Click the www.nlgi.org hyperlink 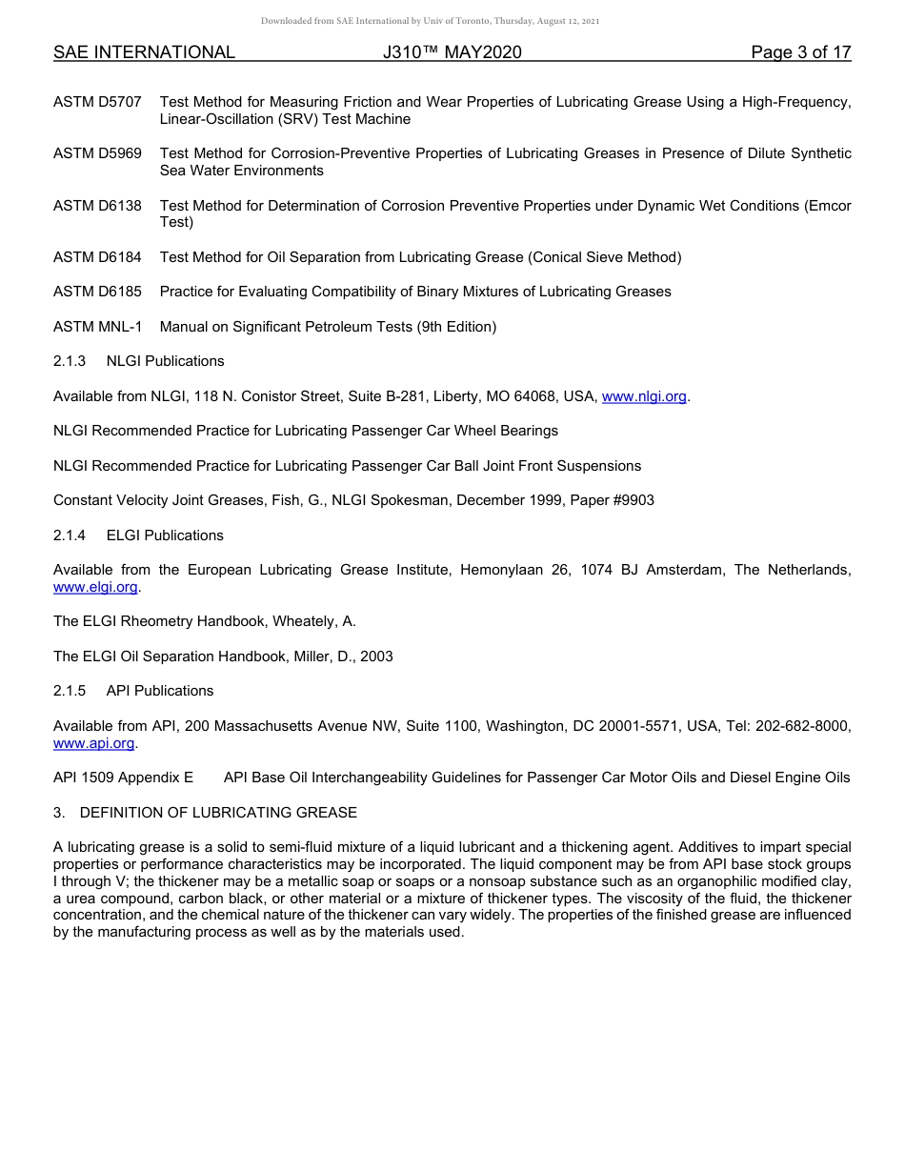coord(644,396)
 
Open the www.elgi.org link coord(95,587)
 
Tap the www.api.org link coord(94,742)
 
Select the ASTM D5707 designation coord(97,102)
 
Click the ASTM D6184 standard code coord(97,257)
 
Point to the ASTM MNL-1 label coord(97,327)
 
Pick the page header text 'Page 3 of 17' coord(800,53)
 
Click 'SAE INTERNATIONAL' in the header coord(144,53)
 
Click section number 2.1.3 coord(70,361)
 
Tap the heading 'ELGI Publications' coord(165,535)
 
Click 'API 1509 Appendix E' coord(123,778)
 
